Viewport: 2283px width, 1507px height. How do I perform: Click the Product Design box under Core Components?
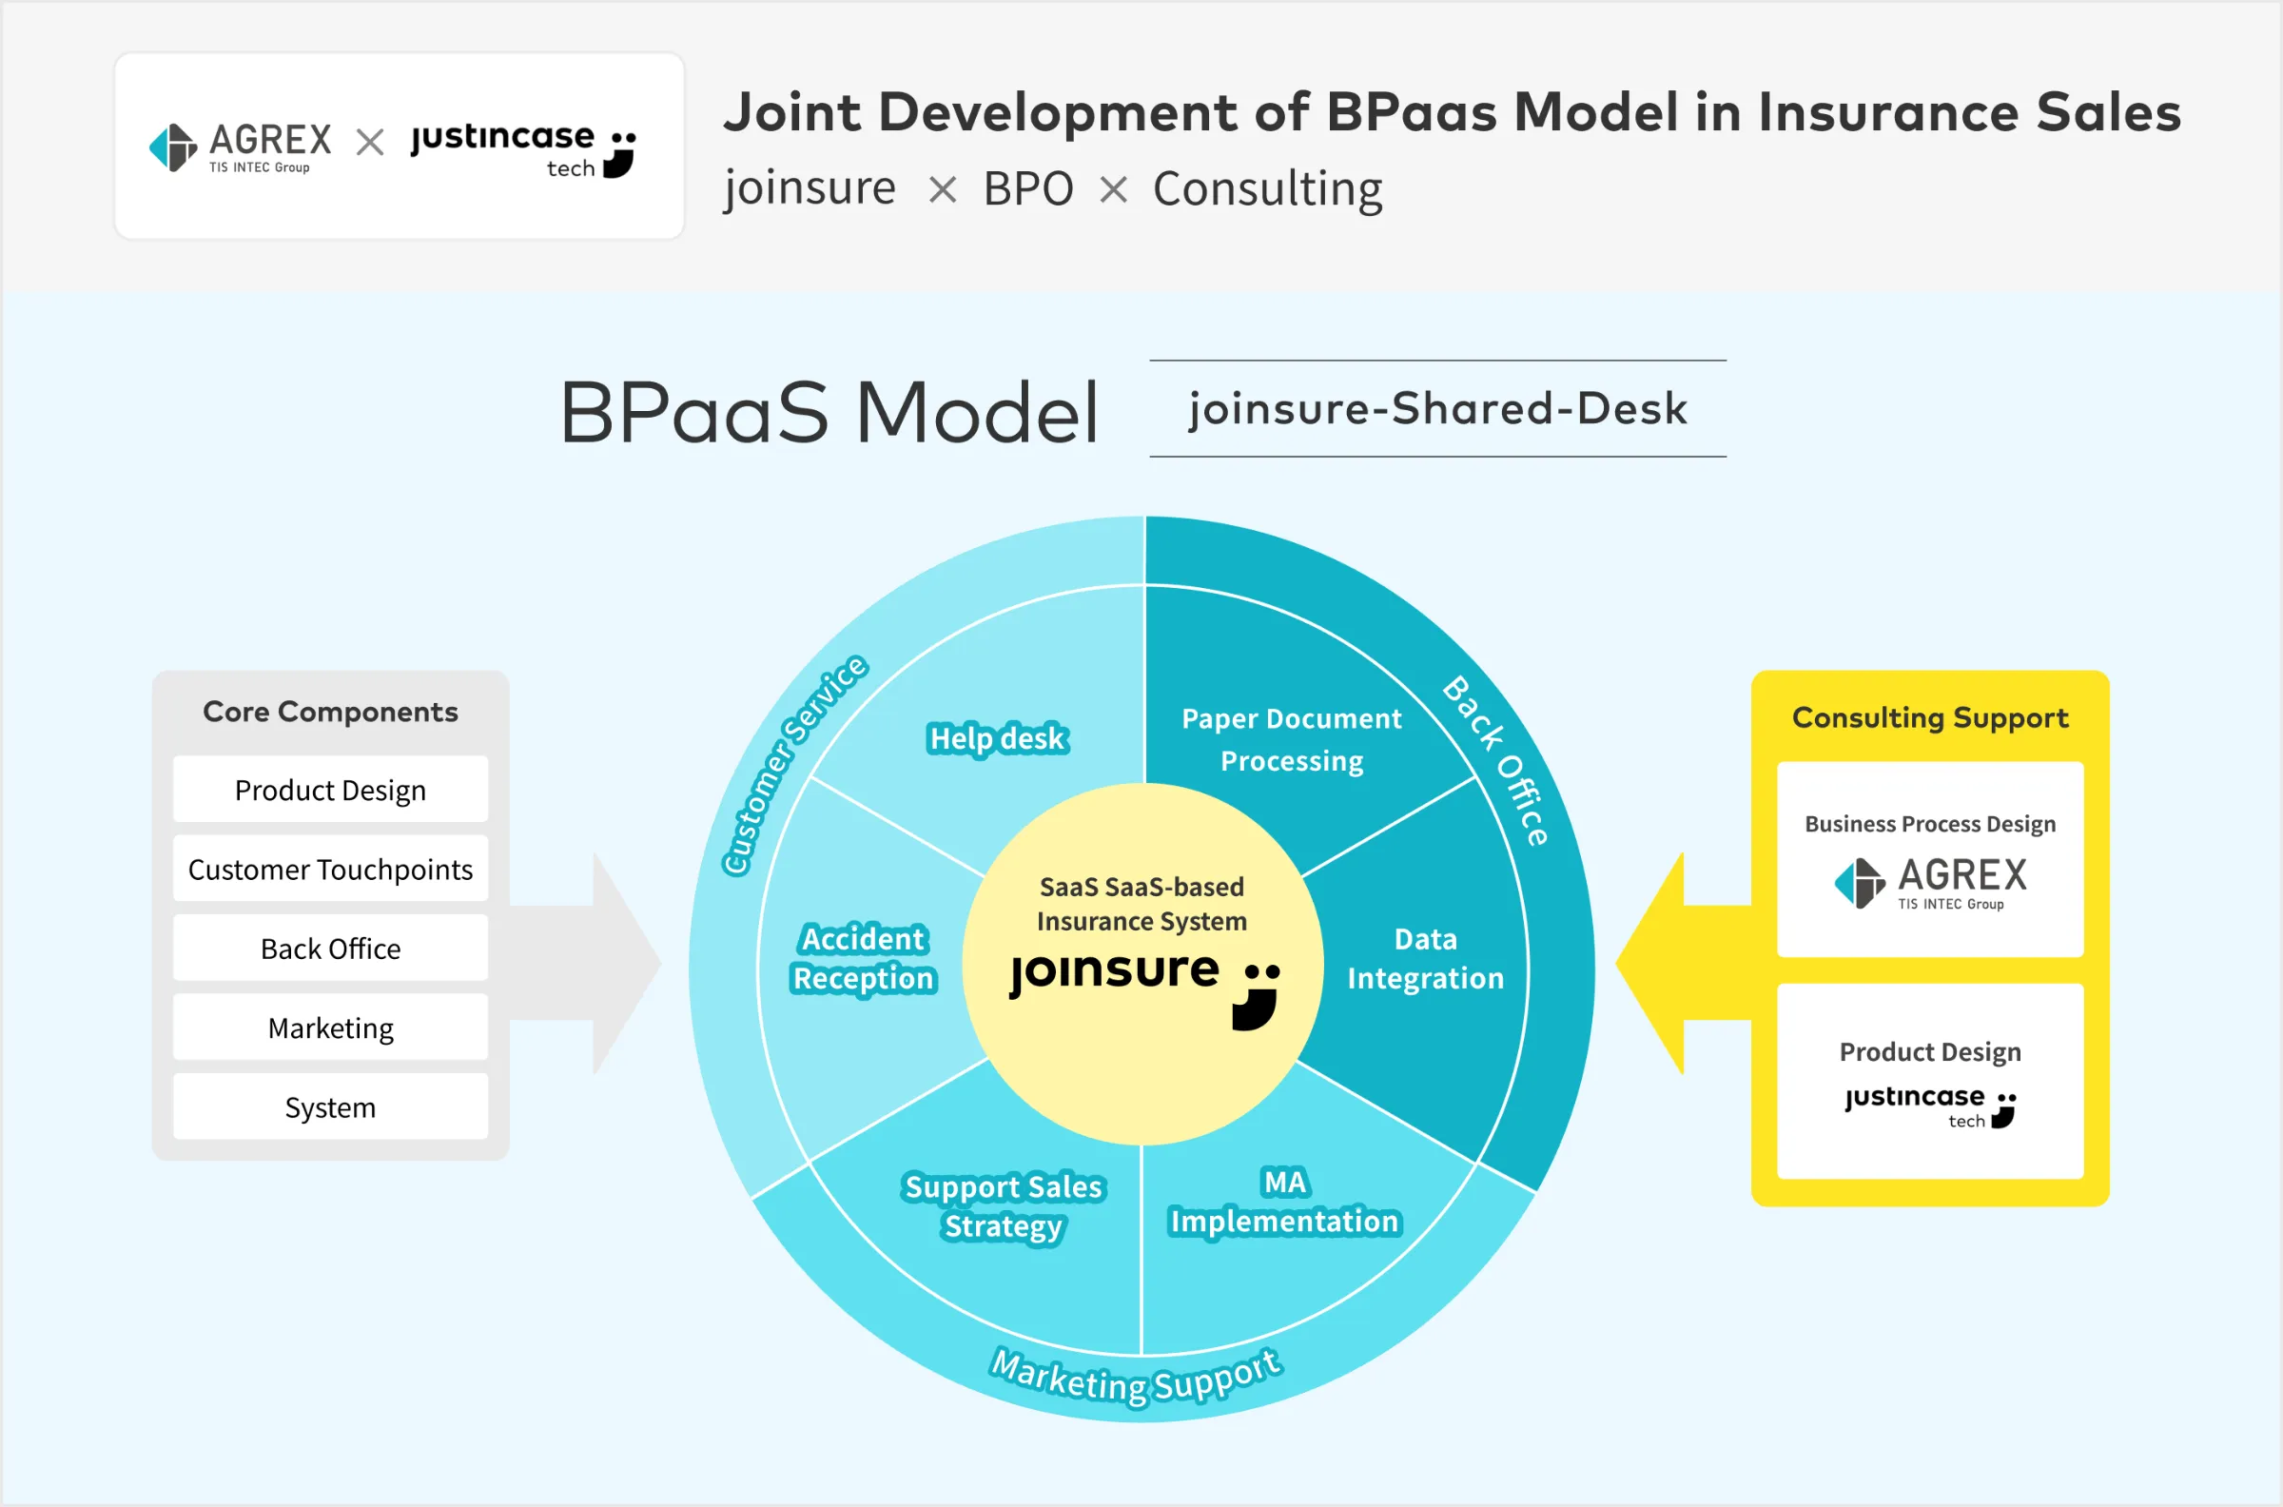(329, 790)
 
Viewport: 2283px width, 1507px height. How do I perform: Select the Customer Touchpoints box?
(329, 869)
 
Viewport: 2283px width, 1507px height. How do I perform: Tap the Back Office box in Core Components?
(329, 949)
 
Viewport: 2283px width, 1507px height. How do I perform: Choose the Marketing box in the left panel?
(329, 1027)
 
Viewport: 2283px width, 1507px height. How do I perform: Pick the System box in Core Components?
(329, 1107)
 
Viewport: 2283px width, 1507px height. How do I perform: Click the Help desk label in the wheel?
(997, 738)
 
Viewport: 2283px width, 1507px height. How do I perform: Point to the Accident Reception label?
(863, 958)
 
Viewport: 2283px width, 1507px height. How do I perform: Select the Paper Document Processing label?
(1292, 739)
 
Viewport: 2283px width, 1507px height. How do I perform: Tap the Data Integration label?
(1425, 958)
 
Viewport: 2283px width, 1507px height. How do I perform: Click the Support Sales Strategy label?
(1004, 1206)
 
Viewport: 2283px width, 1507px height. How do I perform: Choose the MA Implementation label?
(1285, 1203)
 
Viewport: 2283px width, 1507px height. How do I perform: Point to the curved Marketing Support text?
(1137, 1378)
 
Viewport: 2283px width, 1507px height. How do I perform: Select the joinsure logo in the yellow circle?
(1143, 984)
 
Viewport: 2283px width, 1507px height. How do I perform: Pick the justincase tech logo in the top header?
(524, 149)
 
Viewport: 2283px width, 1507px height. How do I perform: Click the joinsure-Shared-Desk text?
(1437, 408)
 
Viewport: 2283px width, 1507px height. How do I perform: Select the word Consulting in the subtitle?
(1267, 188)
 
